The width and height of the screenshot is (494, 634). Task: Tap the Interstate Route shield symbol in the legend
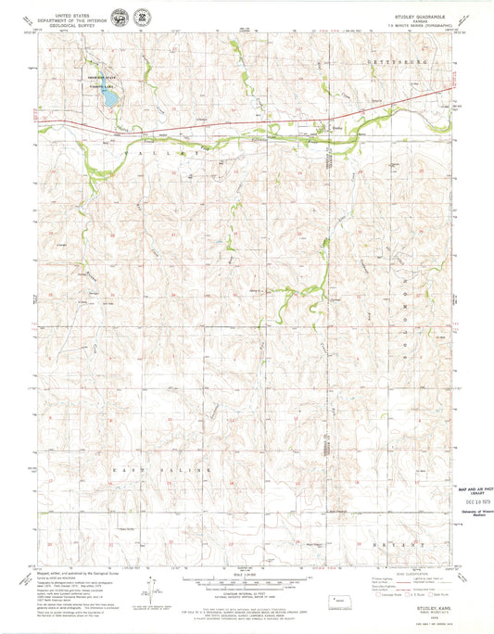click(381, 595)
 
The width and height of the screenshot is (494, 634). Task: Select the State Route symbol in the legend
click(432, 595)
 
